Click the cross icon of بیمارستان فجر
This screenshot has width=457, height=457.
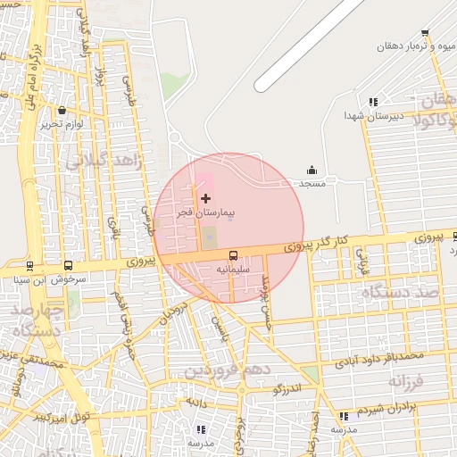[x=206, y=197]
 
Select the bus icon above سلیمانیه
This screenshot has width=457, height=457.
[x=234, y=254]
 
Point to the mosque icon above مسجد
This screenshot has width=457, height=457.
[x=312, y=170]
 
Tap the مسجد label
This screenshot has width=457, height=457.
[x=312, y=184]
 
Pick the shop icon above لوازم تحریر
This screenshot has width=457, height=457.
[x=62, y=111]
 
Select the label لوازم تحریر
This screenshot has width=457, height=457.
[x=62, y=125]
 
